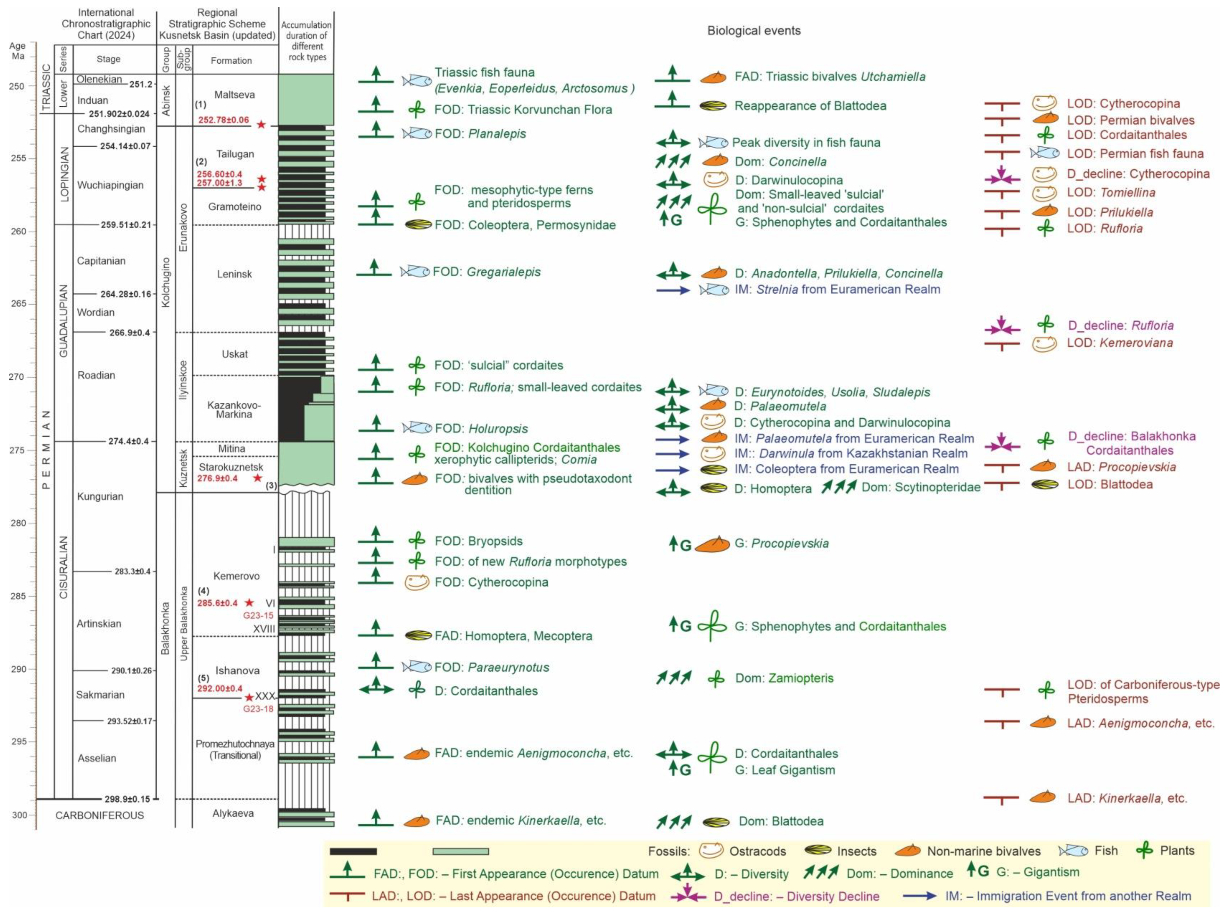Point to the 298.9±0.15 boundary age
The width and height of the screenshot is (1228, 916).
127,799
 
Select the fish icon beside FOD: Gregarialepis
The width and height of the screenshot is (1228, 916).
415,272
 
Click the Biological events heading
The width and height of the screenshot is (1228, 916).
754,31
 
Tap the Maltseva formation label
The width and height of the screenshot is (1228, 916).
235,95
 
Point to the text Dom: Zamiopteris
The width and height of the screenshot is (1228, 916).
784,678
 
